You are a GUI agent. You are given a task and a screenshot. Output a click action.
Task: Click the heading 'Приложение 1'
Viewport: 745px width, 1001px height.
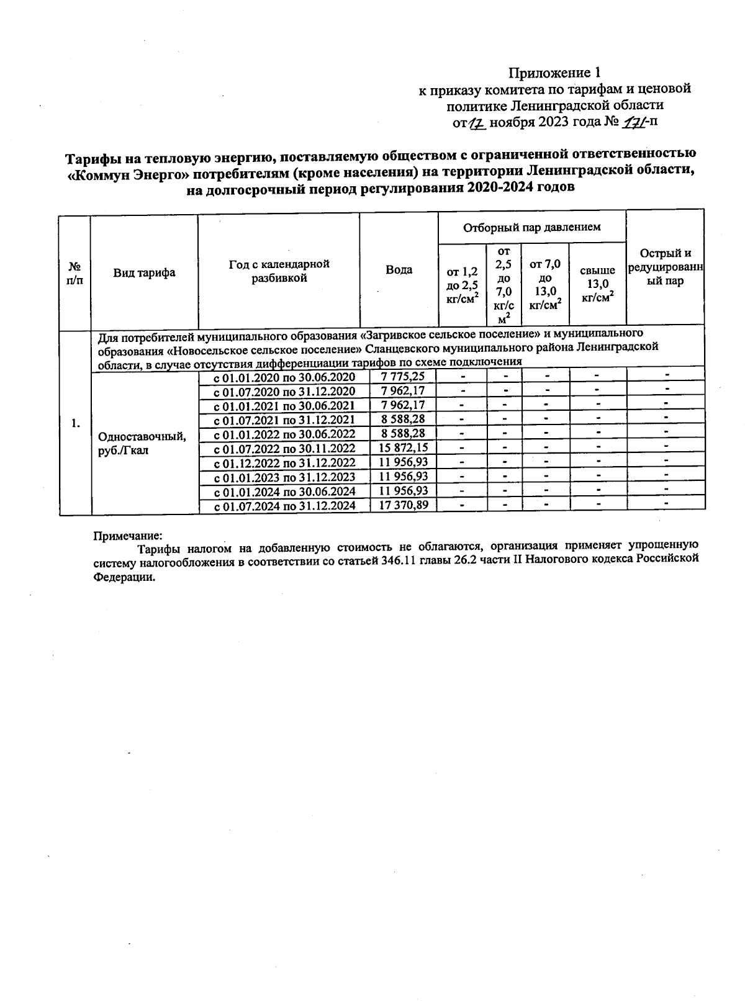(x=555, y=73)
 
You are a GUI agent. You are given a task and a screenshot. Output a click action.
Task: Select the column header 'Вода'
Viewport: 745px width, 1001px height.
(x=399, y=270)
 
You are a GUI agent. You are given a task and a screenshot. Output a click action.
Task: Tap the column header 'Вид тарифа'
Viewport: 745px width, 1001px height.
(x=144, y=273)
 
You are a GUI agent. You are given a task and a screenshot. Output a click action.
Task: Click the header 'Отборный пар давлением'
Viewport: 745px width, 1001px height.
(x=531, y=227)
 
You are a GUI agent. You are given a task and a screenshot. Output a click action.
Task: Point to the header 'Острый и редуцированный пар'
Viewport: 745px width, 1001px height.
(x=666, y=267)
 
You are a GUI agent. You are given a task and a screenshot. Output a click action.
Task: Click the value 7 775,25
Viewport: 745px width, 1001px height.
(x=403, y=377)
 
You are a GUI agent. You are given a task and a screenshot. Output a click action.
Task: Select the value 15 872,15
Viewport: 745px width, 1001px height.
(x=403, y=448)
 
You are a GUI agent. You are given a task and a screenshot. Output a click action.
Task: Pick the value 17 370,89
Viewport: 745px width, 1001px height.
(x=403, y=506)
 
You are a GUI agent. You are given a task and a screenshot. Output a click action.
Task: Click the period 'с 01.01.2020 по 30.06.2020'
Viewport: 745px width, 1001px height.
(x=284, y=377)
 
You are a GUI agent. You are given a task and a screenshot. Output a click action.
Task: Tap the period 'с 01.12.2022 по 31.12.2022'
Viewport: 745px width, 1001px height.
(x=284, y=463)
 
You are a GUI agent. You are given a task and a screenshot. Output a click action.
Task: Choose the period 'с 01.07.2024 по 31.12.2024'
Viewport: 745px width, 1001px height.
(x=284, y=506)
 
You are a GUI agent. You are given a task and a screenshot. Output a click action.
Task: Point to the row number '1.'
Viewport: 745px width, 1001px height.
(x=75, y=424)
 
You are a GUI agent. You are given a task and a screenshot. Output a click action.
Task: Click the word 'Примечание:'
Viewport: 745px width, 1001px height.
(x=127, y=535)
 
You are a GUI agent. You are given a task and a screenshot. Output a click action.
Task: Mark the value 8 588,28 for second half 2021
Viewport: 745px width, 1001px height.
(x=403, y=420)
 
